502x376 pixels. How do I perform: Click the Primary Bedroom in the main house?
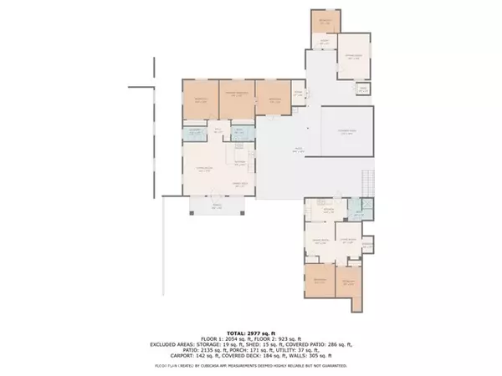(x=236, y=96)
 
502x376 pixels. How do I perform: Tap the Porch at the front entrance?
(x=216, y=206)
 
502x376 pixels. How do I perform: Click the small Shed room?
(x=363, y=89)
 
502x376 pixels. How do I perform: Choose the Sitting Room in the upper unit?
(x=352, y=58)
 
